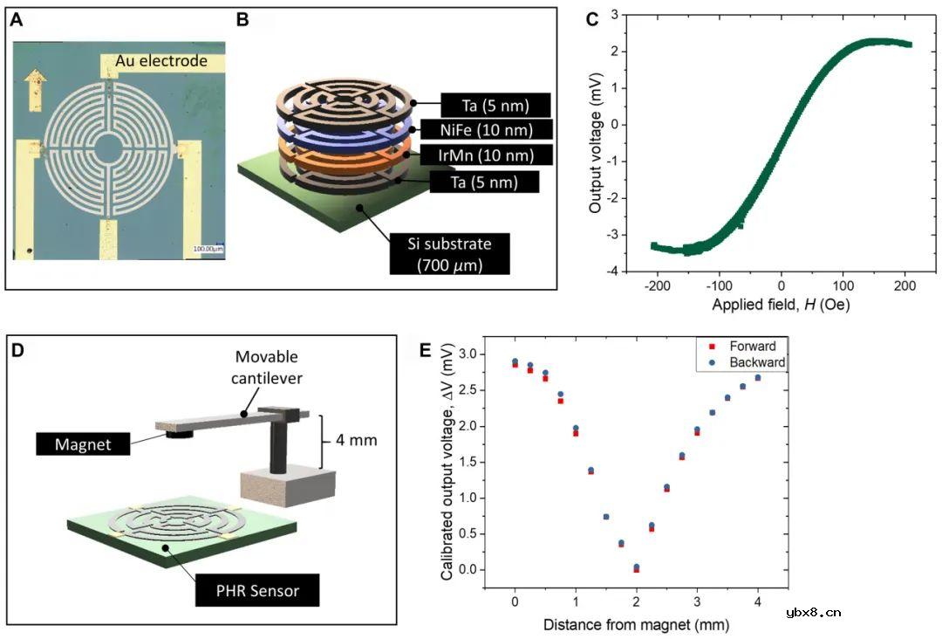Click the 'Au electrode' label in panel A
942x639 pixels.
click(166, 61)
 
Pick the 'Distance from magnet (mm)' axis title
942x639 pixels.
click(636, 624)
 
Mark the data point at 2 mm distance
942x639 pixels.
click(637, 568)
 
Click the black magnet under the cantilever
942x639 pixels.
click(180, 437)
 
